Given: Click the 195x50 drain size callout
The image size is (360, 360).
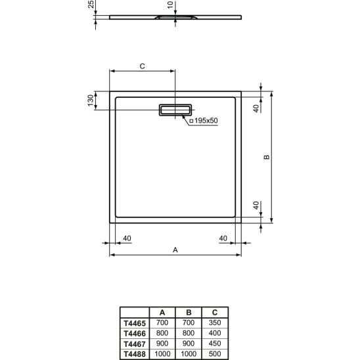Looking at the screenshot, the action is pyautogui.click(x=204, y=120).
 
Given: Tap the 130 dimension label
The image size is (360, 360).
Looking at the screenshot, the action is pyautogui.click(x=91, y=101).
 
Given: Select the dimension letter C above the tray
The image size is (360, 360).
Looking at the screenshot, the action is pyautogui.click(x=143, y=66).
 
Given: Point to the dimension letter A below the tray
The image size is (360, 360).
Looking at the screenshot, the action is pyautogui.click(x=175, y=250).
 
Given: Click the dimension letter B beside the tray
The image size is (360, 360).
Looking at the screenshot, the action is pyautogui.click(x=267, y=157).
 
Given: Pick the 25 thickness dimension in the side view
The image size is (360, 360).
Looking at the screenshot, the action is pyautogui.click(x=91, y=4).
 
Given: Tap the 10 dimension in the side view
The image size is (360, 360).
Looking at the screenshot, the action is pyautogui.click(x=170, y=5).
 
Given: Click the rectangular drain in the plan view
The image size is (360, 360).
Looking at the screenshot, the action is pyautogui.click(x=175, y=110).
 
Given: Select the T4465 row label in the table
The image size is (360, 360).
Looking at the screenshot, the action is pyautogui.click(x=135, y=323).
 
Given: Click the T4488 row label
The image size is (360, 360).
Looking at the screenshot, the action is pyautogui.click(x=135, y=354).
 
